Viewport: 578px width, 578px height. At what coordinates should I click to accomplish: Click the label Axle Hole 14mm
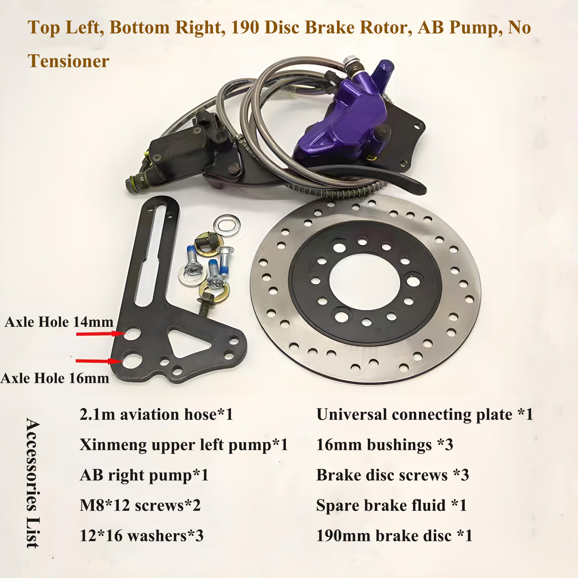pos(59,322)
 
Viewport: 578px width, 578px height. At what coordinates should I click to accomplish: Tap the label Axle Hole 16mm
pos(55,378)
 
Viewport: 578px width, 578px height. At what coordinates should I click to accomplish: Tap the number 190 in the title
pos(245,27)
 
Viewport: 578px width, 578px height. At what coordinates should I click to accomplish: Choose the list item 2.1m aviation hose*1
pos(156,415)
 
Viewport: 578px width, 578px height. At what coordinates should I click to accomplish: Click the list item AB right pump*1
pos(144,475)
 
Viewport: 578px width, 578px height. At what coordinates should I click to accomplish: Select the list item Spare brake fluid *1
pos(391,505)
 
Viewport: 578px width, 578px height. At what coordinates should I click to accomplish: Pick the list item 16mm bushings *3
pos(384,445)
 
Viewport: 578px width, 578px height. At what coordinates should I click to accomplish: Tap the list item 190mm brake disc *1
pos(394,536)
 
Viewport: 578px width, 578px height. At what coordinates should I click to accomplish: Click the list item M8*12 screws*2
pos(140,505)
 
